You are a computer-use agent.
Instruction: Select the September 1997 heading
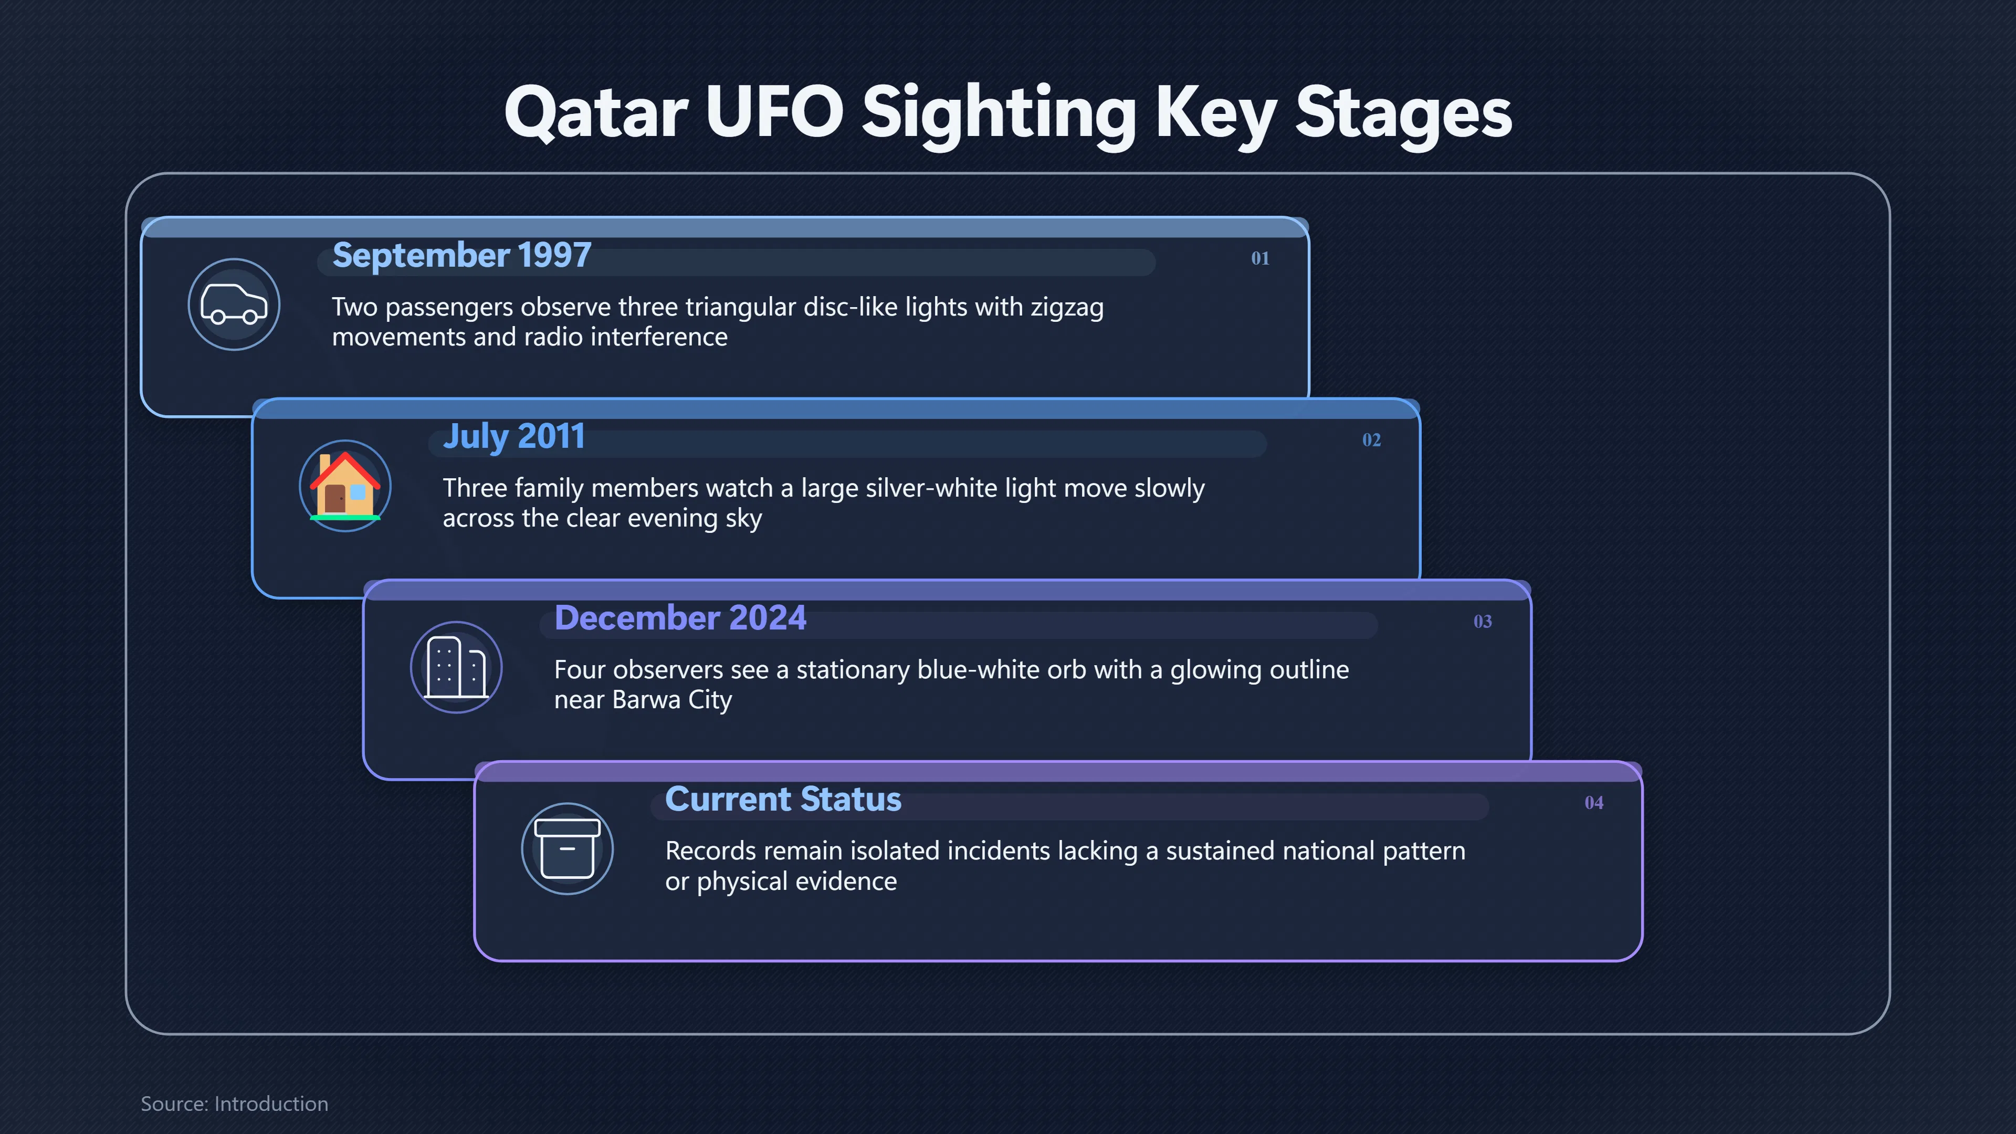[x=462, y=255]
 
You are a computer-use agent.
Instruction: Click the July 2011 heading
[x=514, y=437]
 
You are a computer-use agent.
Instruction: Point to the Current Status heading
[x=783, y=799]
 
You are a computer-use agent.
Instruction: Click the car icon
[x=234, y=304]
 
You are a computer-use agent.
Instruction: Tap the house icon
[x=345, y=486]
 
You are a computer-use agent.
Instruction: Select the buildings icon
[x=456, y=668]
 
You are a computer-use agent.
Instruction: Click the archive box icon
[x=568, y=848]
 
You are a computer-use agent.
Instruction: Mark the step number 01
[x=1260, y=258]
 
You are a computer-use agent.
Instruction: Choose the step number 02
[x=1371, y=440]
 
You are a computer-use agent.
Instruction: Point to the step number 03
[x=1482, y=622]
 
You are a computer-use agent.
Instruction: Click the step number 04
[x=1593, y=803]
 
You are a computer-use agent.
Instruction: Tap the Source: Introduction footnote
[x=235, y=1104]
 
